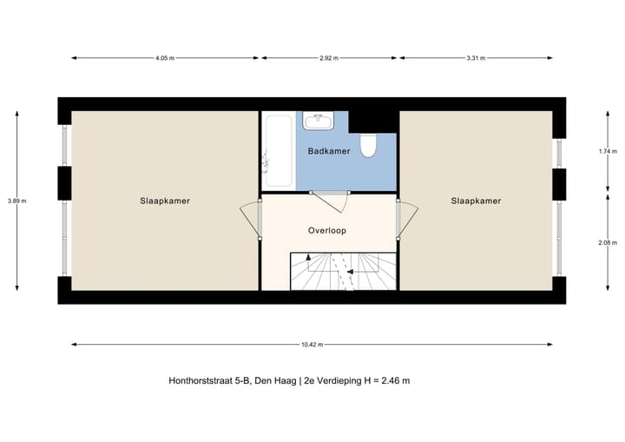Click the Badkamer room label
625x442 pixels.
point(329,151)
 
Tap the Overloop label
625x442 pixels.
point(327,231)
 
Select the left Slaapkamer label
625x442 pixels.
point(165,201)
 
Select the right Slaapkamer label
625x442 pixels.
point(476,201)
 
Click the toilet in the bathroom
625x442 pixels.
point(368,146)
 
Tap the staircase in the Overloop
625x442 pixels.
point(342,270)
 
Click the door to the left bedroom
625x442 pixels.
point(252,219)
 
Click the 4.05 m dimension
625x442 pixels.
point(165,58)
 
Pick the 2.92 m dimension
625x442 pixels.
point(329,58)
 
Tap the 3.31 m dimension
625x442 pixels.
point(475,58)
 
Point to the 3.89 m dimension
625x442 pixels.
point(17,201)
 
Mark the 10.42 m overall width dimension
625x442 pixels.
point(312,345)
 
